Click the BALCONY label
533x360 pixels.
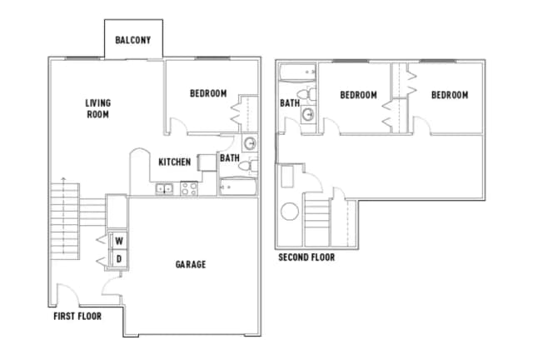pos(133,39)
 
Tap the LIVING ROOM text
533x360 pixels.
pos(97,108)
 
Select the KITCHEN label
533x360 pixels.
pos(175,162)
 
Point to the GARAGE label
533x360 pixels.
pos(191,264)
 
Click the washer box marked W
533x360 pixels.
pos(118,241)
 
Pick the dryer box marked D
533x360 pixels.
pos(118,258)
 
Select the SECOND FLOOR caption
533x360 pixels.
pos(306,257)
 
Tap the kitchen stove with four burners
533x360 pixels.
pos(187,188)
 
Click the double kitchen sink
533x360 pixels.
pos(164,188)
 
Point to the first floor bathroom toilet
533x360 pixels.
pos(247,166)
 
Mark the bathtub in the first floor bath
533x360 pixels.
pos(238,187)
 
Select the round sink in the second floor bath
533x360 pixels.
pos(308,114)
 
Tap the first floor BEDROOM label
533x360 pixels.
pos(208,93)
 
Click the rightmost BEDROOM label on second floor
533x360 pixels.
pos(449,95)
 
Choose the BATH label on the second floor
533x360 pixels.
pos(290,103)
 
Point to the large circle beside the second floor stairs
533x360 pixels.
pos(290,212)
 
